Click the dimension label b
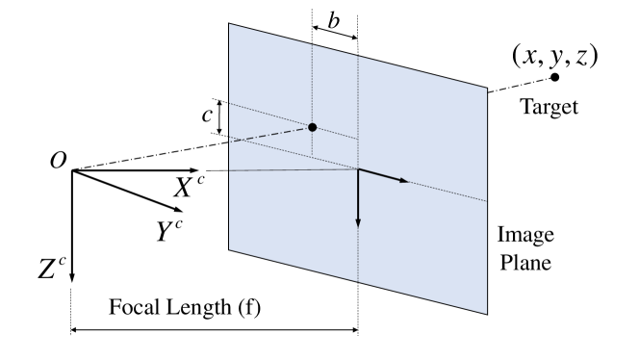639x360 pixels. pyautogui.click(x=333, y=20)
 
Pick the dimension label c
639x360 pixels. pyautogui.click(x=206, y=115)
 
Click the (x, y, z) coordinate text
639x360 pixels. pyautogui.click(x=552, y=55)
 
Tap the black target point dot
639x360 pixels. pyautogui.click(x=553, y=77)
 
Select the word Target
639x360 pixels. pyautogui.click(x=549, y=107)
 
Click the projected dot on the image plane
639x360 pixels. pyautogui.click(x=312, y=127)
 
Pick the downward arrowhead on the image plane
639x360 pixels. pyautogui.click(x=358, y=220)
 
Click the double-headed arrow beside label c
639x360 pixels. pyautogui.click(x=221, y=116)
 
